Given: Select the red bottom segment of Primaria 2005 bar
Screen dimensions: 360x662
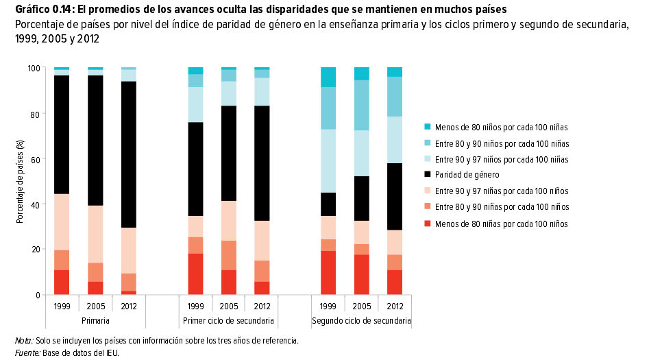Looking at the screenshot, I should click(95, 288).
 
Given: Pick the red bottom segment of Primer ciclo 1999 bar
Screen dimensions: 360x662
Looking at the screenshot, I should click(196, 274).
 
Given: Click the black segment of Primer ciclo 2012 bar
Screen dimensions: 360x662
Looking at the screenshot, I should click(262, 163).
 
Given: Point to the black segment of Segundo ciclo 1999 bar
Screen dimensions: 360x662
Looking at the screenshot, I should click(329, 204).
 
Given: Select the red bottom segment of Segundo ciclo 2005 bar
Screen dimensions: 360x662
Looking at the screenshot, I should click(362, 274).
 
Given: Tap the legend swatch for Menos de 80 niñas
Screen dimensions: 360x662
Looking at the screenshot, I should click(428, 224).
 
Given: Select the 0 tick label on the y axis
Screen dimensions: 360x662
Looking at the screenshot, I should click(38, 295).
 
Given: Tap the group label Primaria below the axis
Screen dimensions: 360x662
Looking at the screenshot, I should click(95, 321).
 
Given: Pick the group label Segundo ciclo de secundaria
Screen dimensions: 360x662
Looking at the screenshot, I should click(361, 321).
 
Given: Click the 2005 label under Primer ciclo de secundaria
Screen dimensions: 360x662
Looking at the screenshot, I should click(229, 306).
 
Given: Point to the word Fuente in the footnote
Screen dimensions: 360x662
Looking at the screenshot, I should click(27, 353).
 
